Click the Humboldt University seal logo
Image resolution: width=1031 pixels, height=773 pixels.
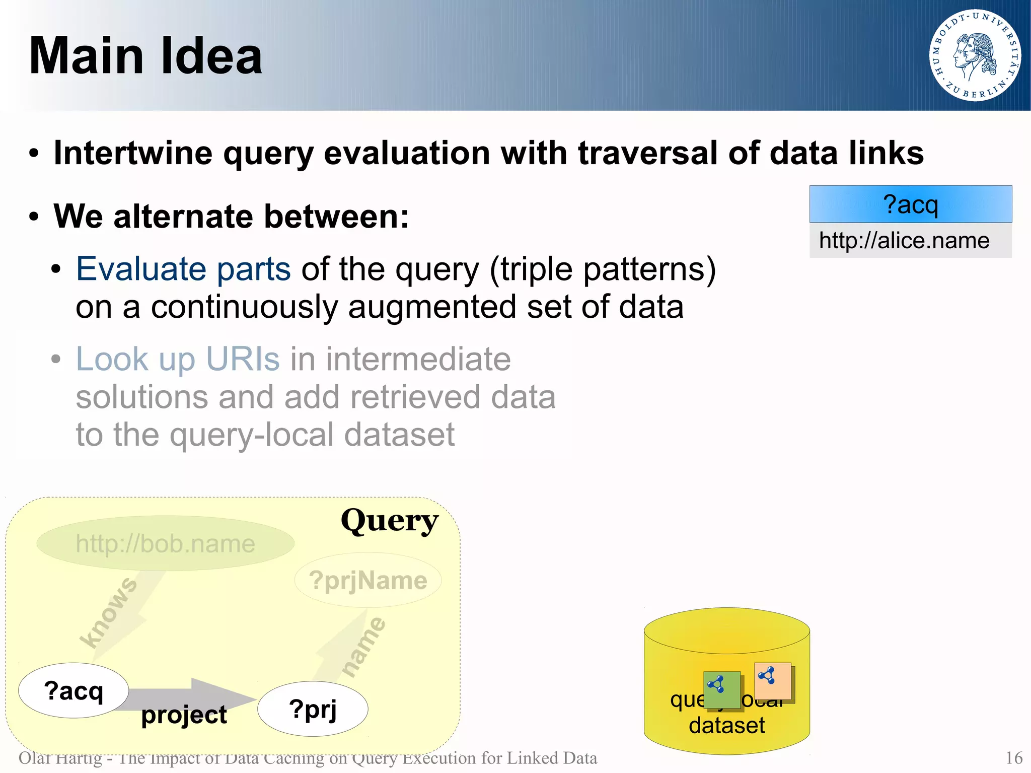[x=975, y=55]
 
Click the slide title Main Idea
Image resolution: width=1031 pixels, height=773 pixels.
[x=146, y=56]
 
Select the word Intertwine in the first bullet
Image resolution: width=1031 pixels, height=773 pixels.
[x=133, y=153]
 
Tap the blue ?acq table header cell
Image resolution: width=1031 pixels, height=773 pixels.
[x=910, y=204]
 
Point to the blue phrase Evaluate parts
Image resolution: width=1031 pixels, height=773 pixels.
[x=183, y=269]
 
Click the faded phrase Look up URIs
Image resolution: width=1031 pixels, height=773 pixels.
[x=177, y=359]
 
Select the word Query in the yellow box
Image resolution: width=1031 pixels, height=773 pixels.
[x=389, y=521]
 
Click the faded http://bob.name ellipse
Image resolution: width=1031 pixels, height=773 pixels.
[x=165, y=543]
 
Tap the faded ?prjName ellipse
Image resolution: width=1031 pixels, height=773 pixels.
[x=367, y=581]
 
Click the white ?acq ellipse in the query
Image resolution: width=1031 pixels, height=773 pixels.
[x=73, y=690]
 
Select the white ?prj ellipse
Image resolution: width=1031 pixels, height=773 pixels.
[x=313, y=709]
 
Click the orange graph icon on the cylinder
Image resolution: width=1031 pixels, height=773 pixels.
[x=773, y=681]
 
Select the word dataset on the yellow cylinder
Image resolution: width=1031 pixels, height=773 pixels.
[x=726, y=725]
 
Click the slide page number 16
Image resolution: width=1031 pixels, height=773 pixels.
[x=1014, y=758]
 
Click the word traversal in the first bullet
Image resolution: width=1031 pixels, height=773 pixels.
[x=647, y=153]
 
